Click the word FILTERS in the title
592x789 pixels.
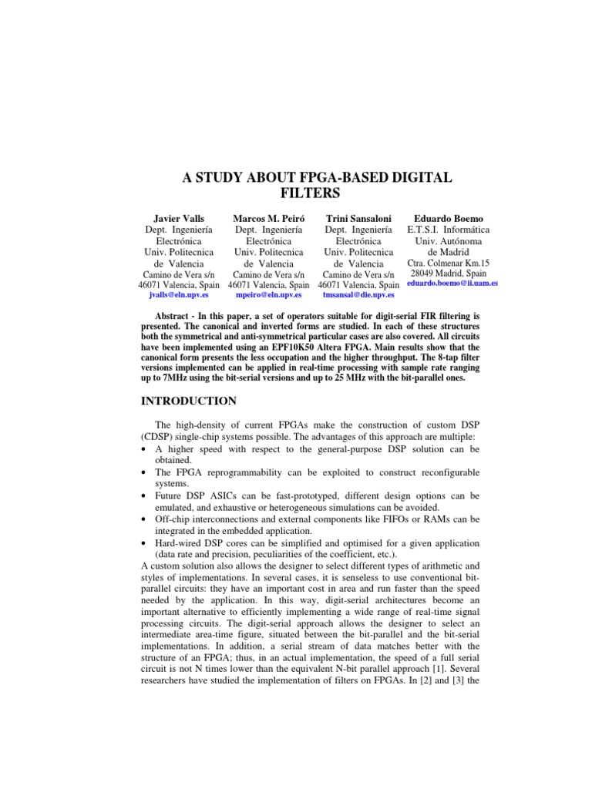[x=295, y=193]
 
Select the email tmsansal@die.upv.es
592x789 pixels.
[x=358, y=294]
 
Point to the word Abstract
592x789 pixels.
[x=175, y=317]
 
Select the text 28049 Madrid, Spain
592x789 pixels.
[x=448, y=273]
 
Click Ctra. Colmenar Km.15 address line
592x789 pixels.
[x=448, y=262]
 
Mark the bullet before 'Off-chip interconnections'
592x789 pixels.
[x=146, y=519]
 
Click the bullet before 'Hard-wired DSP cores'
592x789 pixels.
[x=146, y=544]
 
